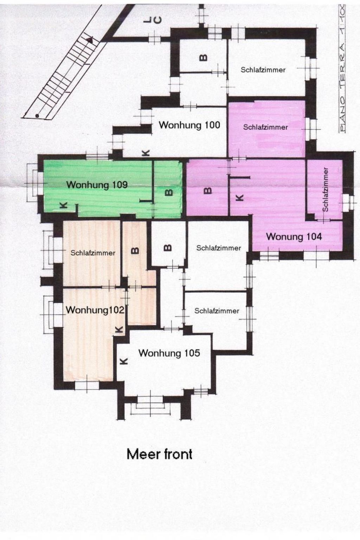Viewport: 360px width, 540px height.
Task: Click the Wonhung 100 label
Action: pyautogui.click(x=189, y=125)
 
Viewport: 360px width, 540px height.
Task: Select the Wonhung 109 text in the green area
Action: pyautogui.click(x=97, y=185)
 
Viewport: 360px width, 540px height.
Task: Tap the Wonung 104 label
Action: pyautogui.click(x=294, y=237)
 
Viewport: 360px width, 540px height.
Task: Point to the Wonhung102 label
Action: pyautogui.click(x=95, y=310)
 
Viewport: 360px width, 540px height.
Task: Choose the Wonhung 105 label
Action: pyautogui.click(x=169, y=353)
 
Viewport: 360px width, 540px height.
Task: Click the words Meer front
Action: pyautogui.click(x=159, y=454)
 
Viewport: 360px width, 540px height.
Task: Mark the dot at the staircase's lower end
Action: pyautogui.click(x=37, y=115)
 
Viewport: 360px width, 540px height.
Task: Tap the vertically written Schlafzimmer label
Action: pyautogui.click(x=325, y=189)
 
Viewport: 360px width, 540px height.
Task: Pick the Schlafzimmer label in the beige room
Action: pyautogui.click(x=93, y=253)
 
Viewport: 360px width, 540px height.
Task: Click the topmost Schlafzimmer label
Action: pyautogui.click(x=263, y=70)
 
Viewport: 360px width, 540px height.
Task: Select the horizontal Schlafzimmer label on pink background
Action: pyautogui.click(x=265, y=127)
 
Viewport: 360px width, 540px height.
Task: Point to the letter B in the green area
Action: pyautogui.click(x=169, y=192)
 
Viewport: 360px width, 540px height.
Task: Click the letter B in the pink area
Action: pyautogui.click(x=208, y=191)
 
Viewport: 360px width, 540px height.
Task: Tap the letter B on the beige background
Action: pyautogui.click(x=135, y=251)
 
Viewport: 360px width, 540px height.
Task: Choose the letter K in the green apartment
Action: pyautogui.click(x=64, y=206)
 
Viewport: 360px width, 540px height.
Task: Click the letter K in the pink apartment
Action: pyautogui.click(x=239, y=198)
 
